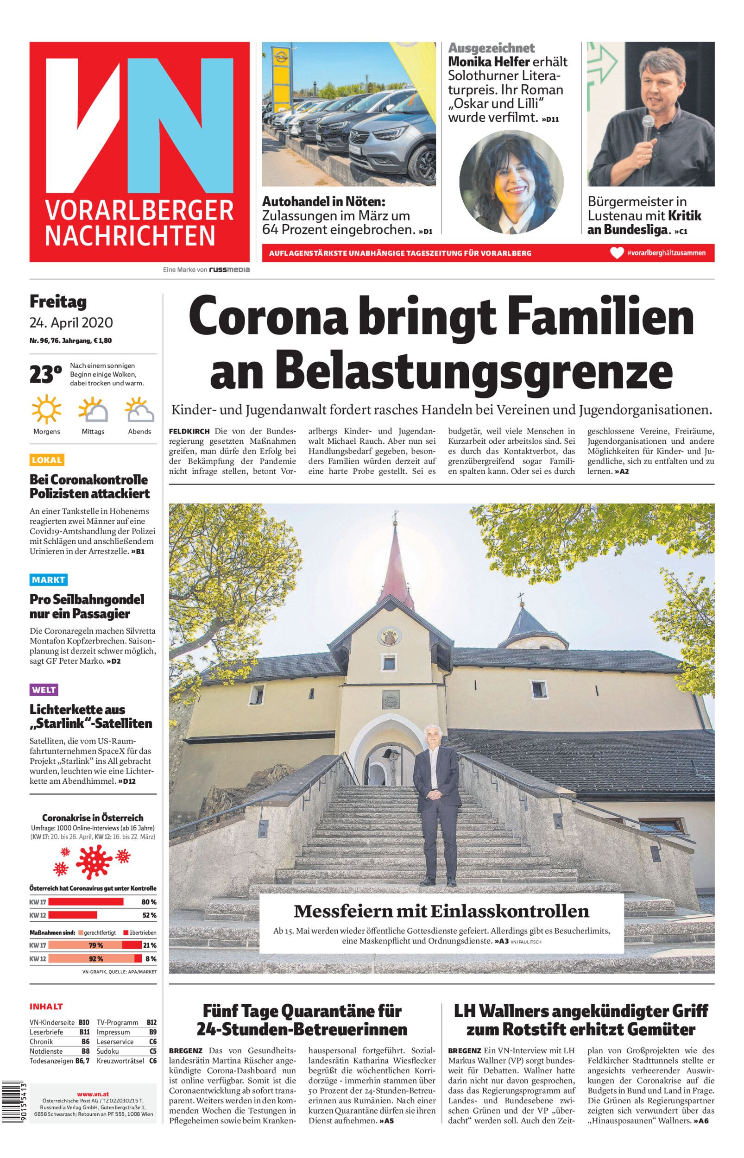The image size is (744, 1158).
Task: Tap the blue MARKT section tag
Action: (x=48, y=579)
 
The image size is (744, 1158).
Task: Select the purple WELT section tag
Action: (x=44, y=690)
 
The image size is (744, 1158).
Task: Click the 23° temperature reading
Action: (x=45, y=375)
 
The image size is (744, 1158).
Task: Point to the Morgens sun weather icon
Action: (x=46, y=410)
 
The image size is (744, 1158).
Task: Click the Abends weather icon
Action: (x=139, y=410)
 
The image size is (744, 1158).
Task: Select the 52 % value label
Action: (x=149, y=915)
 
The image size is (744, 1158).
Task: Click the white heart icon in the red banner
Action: (x=617, y=253)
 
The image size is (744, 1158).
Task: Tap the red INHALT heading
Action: (x=46, y=1007)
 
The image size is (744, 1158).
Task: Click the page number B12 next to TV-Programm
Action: (x=151, y=1022)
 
